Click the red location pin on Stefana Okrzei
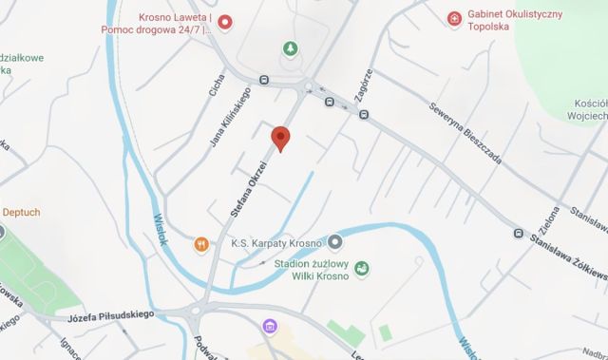tap(279, 139)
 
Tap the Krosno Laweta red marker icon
tap(224, 22)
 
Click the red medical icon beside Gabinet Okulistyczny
tap(455, 18)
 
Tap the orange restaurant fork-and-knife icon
tap(201, 243)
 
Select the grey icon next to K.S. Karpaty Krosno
tap(334, 241)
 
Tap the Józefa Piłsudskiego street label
tap(112, 314)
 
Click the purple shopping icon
tap(269, 329)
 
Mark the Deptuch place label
tap(21, 212)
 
